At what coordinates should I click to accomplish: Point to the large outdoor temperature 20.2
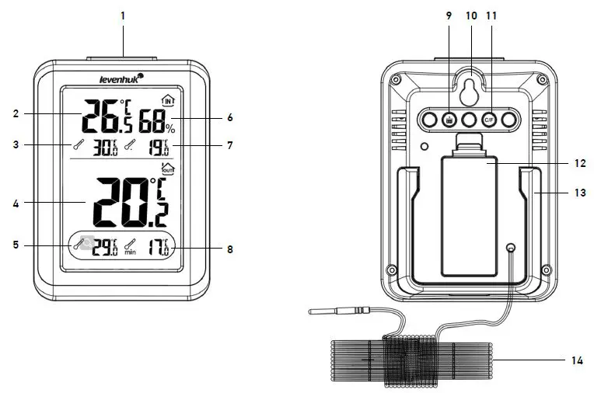coord(131,201)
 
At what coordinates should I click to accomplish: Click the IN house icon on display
coord(167,100)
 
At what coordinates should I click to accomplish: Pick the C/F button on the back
coord(490,120)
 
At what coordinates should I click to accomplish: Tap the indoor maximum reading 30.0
coord(105,147)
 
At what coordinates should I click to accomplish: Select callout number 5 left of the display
coord(16,245)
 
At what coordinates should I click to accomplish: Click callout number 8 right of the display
coord(229,249)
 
